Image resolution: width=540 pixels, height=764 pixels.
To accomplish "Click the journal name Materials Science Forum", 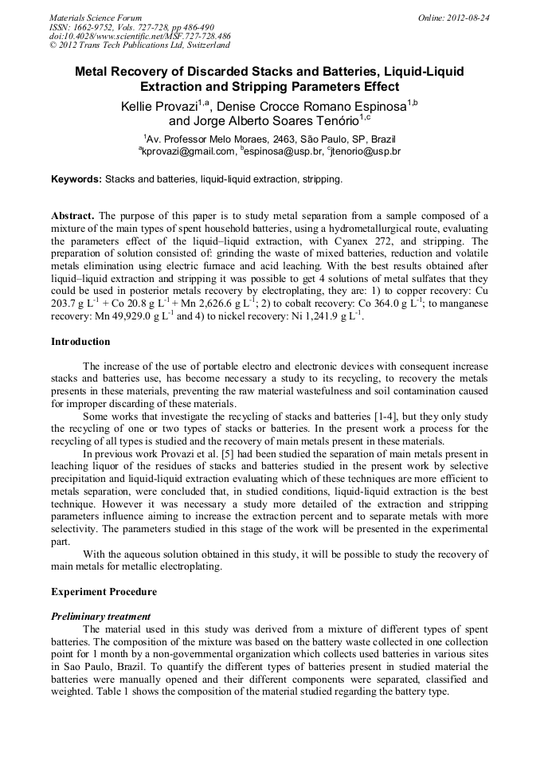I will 96,17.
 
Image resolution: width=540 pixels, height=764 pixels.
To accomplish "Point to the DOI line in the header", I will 140,36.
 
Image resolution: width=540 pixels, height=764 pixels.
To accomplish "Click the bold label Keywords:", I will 76,179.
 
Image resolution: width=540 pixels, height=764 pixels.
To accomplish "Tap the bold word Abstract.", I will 73,216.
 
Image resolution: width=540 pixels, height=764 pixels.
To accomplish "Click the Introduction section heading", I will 80,342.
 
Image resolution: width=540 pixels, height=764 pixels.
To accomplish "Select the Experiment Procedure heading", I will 104,592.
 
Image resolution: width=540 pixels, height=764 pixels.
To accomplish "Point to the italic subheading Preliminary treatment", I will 100,616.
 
